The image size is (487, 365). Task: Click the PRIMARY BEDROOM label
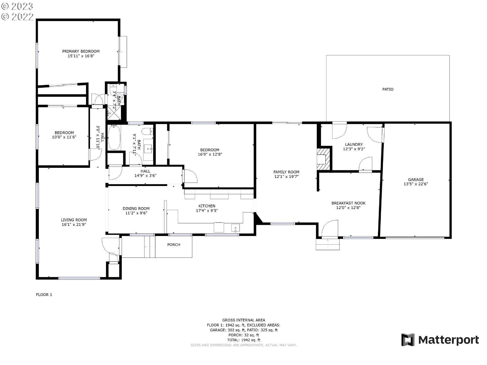[x=81, y=51]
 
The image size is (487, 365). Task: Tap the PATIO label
[x=388, y=89]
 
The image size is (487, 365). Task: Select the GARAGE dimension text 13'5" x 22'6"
[x=416, y=184]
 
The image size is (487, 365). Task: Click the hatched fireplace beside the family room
[x=324, y=159]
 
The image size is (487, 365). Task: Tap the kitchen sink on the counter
[x=235, y=228]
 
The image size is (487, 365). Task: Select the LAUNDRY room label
[x=354, y=144]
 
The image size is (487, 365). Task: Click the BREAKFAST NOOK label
[x=349, y=203]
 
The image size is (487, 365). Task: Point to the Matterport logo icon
[x=408, y=340]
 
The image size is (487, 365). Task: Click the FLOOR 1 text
[x=44, y=295]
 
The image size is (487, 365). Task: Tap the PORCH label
[x=174, y=245]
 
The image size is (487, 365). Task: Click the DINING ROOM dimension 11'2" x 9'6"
[x=136, y=213]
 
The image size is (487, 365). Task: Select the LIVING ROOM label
[x=74, y=220]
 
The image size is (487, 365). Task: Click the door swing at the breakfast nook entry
[x=330, y=229]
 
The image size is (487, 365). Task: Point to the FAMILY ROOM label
[x=286, y=172]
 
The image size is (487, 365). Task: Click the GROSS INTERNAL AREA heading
[x=243, y=320]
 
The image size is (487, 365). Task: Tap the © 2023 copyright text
[x=17, y=6]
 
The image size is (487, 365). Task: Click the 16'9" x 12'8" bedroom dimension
[x=210, y=154]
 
